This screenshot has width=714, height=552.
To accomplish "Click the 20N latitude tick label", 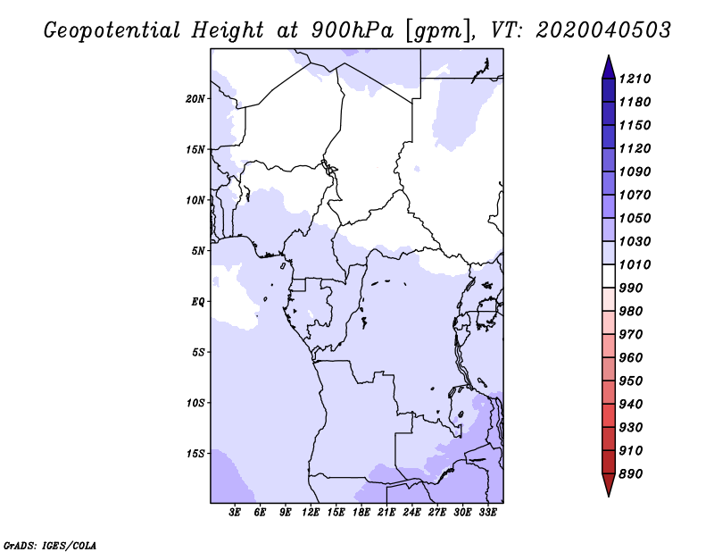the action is click(195, 99).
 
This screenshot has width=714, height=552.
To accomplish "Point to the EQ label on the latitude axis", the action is click(198, 302).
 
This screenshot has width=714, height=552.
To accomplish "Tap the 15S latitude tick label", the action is click(195, 454).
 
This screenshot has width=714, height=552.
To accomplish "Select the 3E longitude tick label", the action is click(235, 513).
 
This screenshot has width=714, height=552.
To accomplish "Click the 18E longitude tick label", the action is click(361, 513).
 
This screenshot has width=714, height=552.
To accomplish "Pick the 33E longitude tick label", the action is click(487, 513).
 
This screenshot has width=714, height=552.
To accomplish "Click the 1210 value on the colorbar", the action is click(635, 79).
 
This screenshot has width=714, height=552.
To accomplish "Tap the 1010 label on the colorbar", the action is click(635, 264).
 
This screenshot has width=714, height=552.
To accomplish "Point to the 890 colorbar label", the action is click(631, 474).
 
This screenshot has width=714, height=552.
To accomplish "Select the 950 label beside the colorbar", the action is click(631, 381).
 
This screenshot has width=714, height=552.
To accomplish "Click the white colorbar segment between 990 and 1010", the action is click(609, 276).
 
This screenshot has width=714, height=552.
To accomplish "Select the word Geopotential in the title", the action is click(112, 30).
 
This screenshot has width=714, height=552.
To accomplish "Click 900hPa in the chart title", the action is click(352, 30).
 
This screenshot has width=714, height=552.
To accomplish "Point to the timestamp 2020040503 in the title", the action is click(603, 30).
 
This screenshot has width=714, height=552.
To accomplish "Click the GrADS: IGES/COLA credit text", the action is click(50, 545).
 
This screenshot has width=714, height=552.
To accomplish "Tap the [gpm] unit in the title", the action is click(437, 31).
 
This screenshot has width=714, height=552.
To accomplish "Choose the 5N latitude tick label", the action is click(198, 251).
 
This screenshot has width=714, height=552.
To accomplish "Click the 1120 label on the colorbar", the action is click(635, 148).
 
